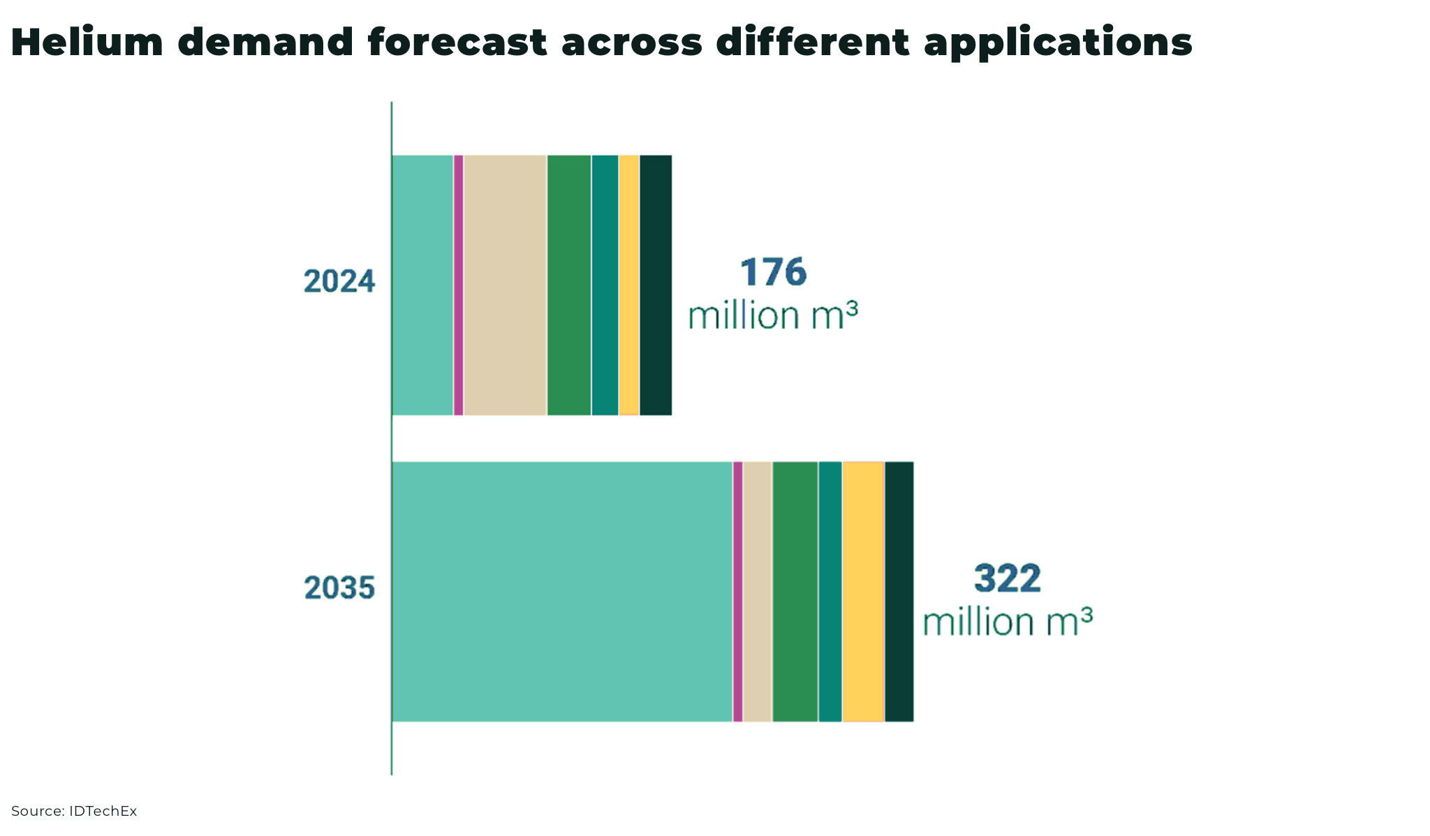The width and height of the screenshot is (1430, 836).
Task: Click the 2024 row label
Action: [x=339, y=282]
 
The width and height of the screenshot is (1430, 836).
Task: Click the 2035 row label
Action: [x=339, y=588]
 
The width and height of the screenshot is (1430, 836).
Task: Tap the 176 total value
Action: [x=773, y=272]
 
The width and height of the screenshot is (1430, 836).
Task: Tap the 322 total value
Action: [x=1008, y=579]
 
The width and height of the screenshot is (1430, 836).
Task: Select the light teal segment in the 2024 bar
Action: [x=422, y=285]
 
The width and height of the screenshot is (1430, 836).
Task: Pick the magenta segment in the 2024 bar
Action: [x=459, y=285]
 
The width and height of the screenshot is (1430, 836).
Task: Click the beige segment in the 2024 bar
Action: [x=505, y=285]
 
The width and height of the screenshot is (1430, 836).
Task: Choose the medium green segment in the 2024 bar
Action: [x=569, y=285]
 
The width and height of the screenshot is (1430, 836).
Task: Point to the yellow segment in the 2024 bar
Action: [x=629, y=285]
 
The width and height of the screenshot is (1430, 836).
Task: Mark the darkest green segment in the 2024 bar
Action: [x=656, y=285]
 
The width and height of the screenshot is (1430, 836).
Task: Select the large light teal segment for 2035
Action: [x=562, y=591]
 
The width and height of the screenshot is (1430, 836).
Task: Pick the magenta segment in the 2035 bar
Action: [x=738, y=591]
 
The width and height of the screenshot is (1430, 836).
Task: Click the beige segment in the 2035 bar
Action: [x=758, y=591]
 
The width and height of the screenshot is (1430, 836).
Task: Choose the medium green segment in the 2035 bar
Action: [x=795, y=591]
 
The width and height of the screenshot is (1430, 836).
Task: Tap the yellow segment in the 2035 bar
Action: [x=863, y=591]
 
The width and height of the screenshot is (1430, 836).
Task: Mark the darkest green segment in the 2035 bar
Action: [x=899, y=591]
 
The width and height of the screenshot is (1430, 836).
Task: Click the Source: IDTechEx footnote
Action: [x=74, y=812]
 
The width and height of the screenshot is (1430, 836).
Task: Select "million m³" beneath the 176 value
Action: [x=773, y=315]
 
